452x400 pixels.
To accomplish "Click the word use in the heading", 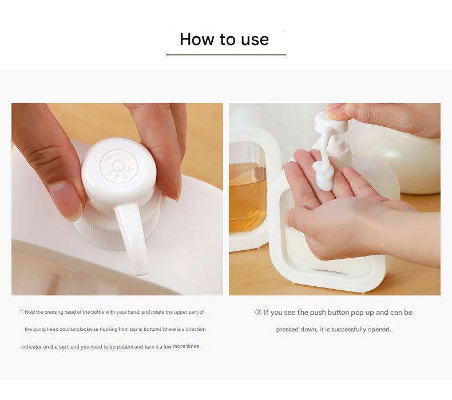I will [x=255, y=39].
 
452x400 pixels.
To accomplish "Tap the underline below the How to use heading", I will [x=225, y=55].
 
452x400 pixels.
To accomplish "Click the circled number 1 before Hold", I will [x=22, y=312].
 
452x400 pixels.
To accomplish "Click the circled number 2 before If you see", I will [x=258, y=313].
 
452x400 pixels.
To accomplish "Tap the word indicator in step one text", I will [x=32, y=346].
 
